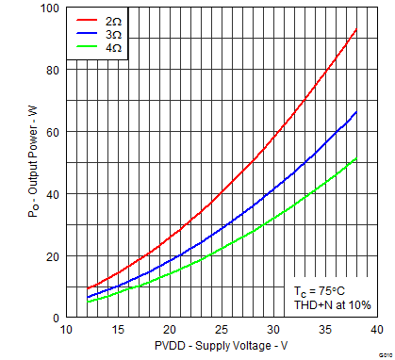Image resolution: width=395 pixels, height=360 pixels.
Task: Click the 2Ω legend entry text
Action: (x=111, y=19)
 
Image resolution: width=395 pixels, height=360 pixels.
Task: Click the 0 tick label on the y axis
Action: (x=55, y=318)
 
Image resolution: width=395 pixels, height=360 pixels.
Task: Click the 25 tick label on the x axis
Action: (x=221, y=330)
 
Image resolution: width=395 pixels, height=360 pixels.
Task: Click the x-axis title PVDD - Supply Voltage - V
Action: (x=221, y=347)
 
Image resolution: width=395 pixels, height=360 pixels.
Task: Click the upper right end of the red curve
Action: (x=355, y=29)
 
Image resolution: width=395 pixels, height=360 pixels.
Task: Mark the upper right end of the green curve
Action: (x=355, y=158)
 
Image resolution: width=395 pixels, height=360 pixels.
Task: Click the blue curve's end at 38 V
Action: (x=355, y=112)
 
